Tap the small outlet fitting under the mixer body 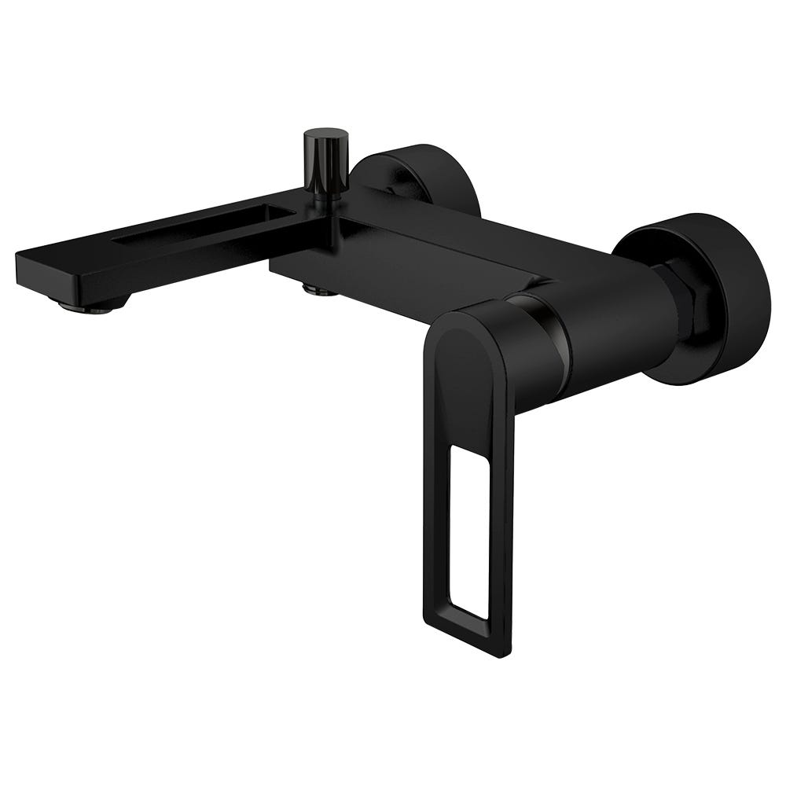point(319,290)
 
